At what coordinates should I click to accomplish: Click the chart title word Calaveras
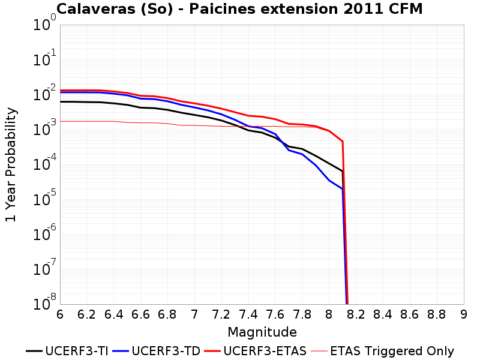pos(96,9)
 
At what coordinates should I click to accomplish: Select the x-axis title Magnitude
pos(262,332)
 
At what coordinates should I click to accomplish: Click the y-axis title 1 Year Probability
pos(11,164)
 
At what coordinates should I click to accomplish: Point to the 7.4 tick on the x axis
pos(248,314)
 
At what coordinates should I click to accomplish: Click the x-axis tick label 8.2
pos(356,314)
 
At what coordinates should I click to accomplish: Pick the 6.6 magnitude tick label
pos(140,314)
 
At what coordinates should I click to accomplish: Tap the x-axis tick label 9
pos(464,314)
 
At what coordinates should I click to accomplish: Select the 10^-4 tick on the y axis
pos(44,163)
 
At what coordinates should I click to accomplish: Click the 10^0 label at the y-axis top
pos(44,23)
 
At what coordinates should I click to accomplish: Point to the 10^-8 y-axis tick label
pos(44,302)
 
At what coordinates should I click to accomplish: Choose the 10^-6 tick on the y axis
pos(44,233)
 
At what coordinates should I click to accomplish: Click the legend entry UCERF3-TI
pos(67,351)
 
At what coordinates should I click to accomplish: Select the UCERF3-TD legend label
pos(156,351)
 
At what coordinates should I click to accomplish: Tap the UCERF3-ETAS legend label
pos(255,351)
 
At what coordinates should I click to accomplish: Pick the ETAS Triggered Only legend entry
pos(382,351)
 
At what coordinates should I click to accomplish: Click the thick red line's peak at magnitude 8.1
pos(343,142)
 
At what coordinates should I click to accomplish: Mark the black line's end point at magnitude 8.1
pos(342,171)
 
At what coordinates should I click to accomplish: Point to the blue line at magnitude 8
pos(329,181)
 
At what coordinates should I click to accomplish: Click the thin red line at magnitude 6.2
pos(87,122)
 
